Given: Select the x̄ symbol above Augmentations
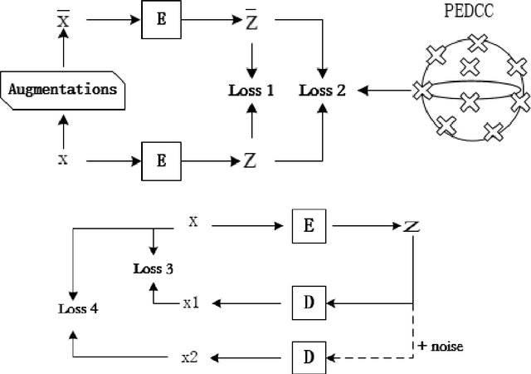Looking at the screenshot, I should click(x=62, y=17).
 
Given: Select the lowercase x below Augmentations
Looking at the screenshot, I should click(x=62, y=158).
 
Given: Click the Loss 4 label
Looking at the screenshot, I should click(x=78, y=308).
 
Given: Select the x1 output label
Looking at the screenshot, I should click(x=191, y=303).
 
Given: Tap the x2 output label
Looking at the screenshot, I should click(x=191, y=357).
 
